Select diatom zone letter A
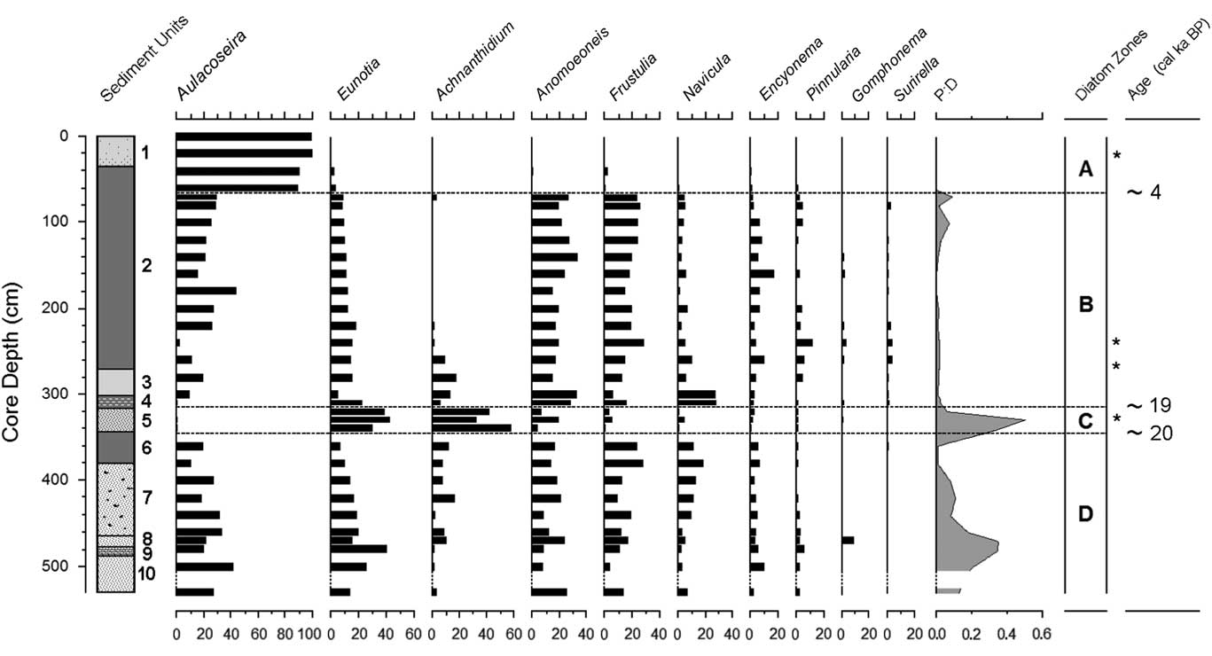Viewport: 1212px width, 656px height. (1084, 168)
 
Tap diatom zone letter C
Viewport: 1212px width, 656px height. (1084, 421)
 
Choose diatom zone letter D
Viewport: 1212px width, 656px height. (1085, 513)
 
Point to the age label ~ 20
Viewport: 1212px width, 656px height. (1148, 433)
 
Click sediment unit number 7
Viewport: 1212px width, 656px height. (147, 498)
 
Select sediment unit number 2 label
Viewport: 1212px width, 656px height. (147, 266)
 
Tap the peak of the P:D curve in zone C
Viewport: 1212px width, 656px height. (1024, 420)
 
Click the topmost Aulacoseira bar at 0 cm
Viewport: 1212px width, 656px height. (243, 137)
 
